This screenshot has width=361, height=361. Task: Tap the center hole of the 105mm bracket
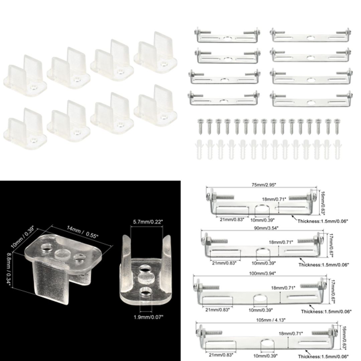tap(267, 346)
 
